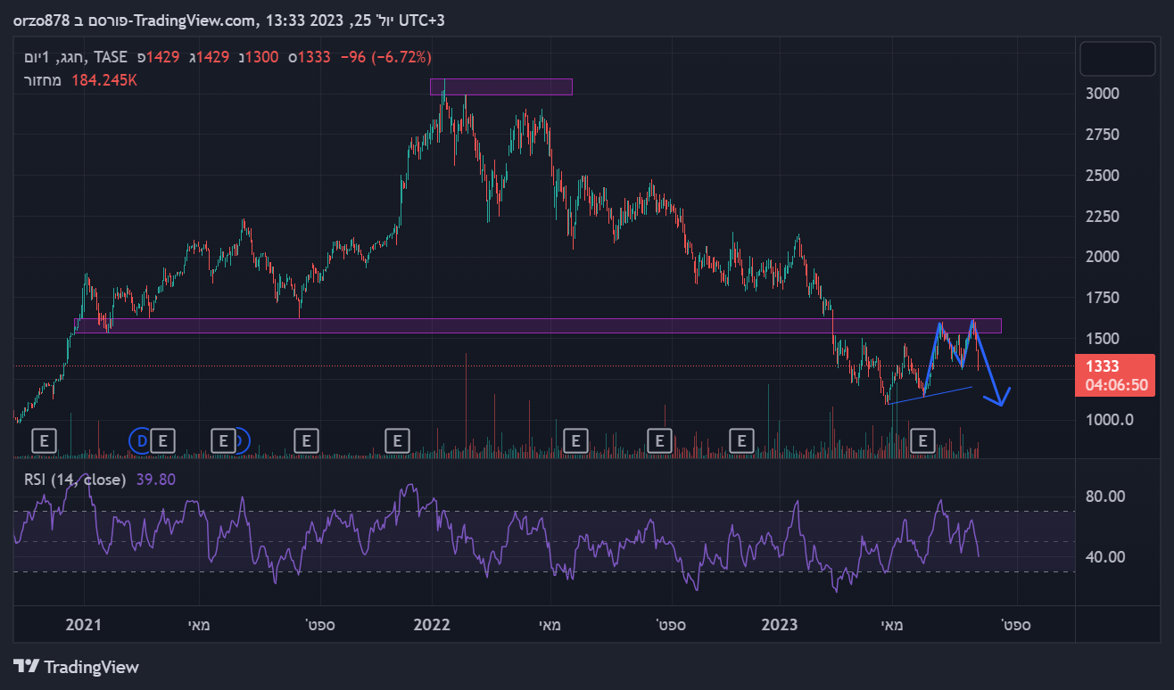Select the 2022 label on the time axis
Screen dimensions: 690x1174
pyautogui.click(x=434, y=625)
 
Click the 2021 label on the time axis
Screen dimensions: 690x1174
pyautogui.click(x=83, y=625)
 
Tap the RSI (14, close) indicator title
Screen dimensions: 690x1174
pyautogui.click(x=75, y=480)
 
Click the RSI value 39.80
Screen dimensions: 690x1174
pyautogui.click(x=156, y=480)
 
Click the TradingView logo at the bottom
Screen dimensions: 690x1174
pyautogui.click(x=77, y=666)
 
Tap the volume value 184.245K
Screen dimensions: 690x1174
pyautogui.click(x=104, y=80)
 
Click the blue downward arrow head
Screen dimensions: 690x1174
pyautogui.click(x=1001, y=400)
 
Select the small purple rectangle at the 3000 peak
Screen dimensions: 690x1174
pyautogui.click(x=500, y=86)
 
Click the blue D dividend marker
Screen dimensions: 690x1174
pyautogui.click(x=141, y=439)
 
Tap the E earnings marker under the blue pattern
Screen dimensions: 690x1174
pyautogui.click(x=924, y=439)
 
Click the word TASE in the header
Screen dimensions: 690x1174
pyautogui.click(x=111, y=57)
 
